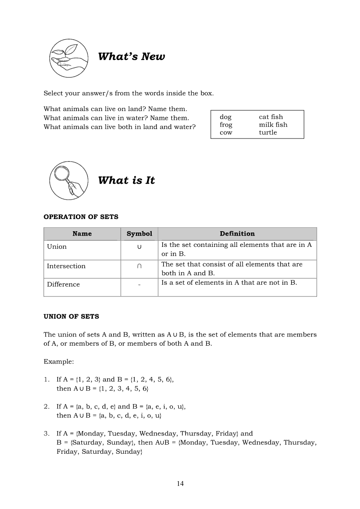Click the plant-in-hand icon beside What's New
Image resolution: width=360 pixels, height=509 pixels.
[x=68, y=57]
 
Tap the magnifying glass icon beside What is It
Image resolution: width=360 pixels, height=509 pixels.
[x=68, y=180]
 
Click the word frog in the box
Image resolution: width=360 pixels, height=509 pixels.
[x=226, y=125]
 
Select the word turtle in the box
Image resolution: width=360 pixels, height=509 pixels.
[x=268, y=133]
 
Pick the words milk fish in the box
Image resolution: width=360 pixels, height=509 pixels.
[x=273, y=125]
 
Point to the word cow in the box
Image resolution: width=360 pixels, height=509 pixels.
[x=226, y=133]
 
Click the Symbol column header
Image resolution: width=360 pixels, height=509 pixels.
[x=139, y=234]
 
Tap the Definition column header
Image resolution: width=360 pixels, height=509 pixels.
[x=237, y=234]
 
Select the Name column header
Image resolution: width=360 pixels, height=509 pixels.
[x=82, y=234]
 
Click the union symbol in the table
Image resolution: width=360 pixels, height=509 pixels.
[x=139, y=247]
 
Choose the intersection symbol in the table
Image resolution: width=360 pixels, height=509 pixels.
[x=139, y=266]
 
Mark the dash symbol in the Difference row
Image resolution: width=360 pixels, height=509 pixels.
[x=139, y=285]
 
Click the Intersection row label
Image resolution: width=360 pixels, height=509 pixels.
[x=66, y=266]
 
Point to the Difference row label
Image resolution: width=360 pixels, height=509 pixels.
[x=64, y=285]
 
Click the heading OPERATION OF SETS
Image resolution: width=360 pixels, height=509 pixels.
[x=81, y=217]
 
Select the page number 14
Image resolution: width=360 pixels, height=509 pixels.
[x=180, y=483]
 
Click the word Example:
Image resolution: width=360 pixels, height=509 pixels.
[x=59, y=362]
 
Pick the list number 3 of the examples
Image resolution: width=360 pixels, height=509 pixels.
[x=46, y=434]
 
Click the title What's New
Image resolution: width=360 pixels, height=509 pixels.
[x=131, y=57]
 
